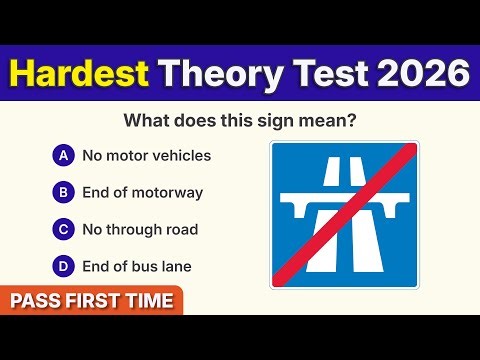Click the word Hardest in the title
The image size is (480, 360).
(79, 73)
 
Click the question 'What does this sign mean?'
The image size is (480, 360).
(239, 121)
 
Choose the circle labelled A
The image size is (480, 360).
(63, 155)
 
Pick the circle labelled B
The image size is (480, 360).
(63, 192)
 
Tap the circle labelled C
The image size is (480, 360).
(63, 229)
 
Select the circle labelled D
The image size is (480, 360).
(63, 266)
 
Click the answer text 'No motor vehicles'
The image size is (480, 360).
(146, 155)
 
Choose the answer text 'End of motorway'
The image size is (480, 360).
(143, 192)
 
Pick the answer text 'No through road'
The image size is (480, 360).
(140, 229)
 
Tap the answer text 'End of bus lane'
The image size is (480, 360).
(137, 266)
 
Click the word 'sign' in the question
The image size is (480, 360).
(296, 121)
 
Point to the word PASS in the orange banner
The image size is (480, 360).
(36, 300)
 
